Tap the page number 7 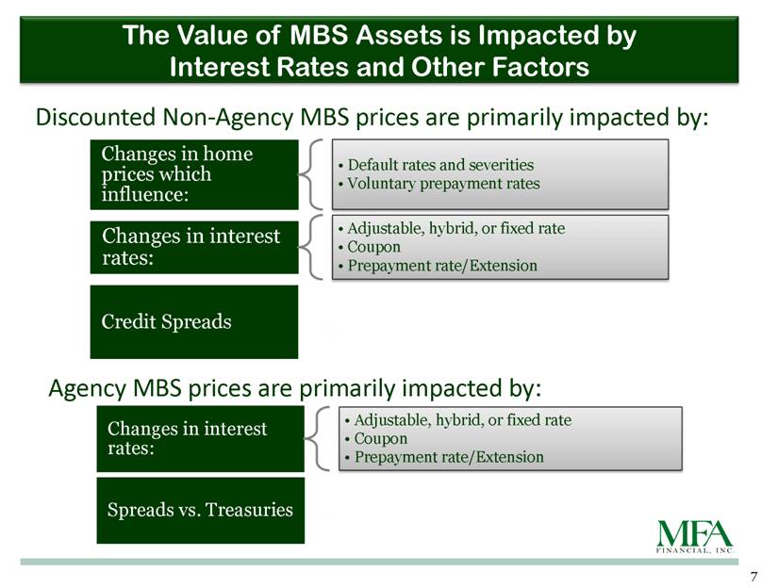(x=753, y=577)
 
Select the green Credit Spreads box (x=194, y=321)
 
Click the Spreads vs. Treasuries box (x=201, y=510)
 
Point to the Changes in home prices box (x=194, y=174)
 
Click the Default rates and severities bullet (x=436, y=165)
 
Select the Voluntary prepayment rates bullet (x=439, y=184)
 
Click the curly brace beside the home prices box (x=310, y=174)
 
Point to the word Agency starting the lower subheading (x=88, y=388)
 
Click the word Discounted (x=96, y=118)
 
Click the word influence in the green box (x=145, y=194)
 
